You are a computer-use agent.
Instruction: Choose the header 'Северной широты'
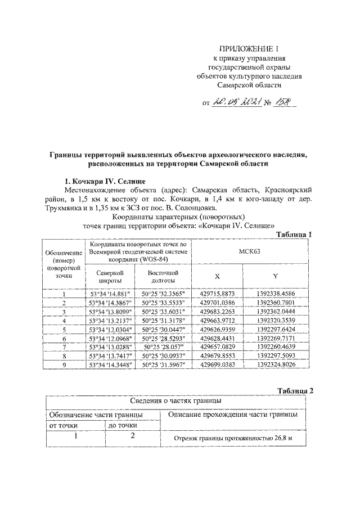[110, 276]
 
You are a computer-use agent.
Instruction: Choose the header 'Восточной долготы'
[163, 276]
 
